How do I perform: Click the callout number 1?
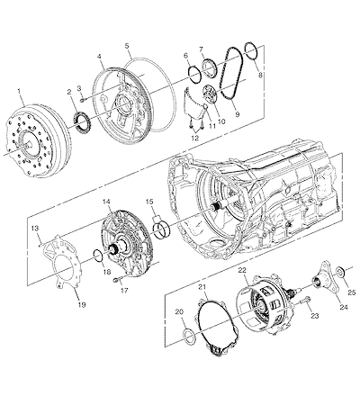pos(19,90)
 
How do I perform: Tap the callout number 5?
pos(127,46)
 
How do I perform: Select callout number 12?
pos(195,138)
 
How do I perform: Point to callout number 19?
pos(82,304)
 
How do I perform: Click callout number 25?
pos(351,292)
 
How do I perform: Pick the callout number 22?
pos(242,270)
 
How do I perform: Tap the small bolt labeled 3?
pos(82,100)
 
